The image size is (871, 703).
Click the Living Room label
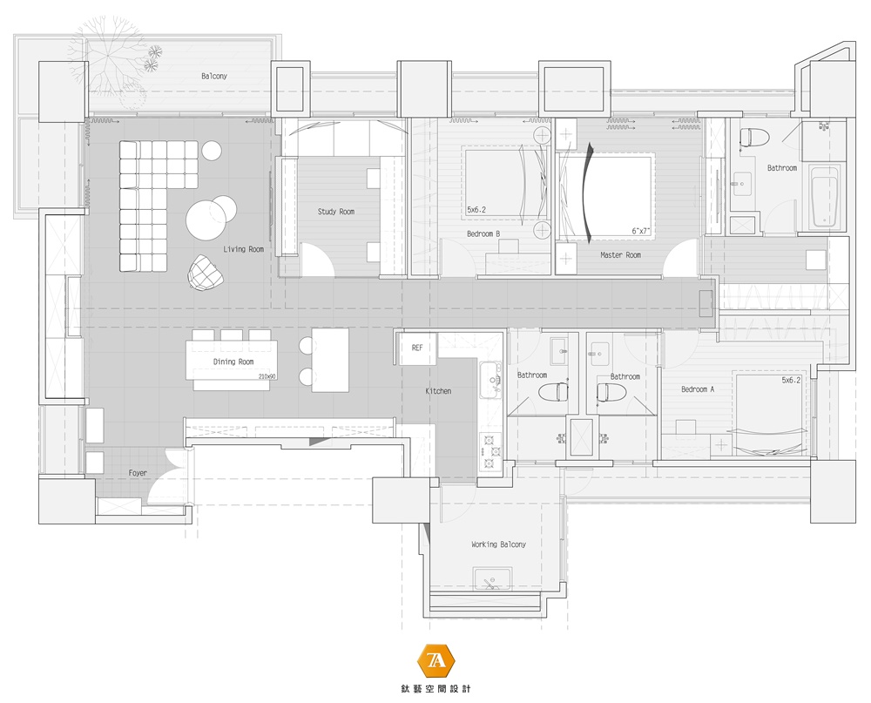pyautogui.click(x=243, y=249)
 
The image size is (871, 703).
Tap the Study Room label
pyautogui.click(x=336, y=212)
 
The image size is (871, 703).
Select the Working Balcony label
pyautogui.click(x=498, y=544)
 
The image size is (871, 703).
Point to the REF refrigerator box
pyautogui.click(x=417, y=348)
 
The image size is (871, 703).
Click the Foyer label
pyautogui.click(x=138, y=474)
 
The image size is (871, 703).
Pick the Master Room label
pyautogui.click(x=620, y=255)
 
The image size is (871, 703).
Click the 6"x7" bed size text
pyautogui.click(x=640, y=231)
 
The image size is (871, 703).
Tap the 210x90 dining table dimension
pyautogui.click(x=267, y=377)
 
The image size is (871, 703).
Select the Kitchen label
pyautogui.click(x=438, y=391)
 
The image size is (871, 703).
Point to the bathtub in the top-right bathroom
pyautogui.click(x=824, y=196)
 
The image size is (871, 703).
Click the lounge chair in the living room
pyautogui.click(x=205, y=273)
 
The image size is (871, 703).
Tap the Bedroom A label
pyautogui.click(x=698, y=389)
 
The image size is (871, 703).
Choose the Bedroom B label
pyautogui.click(x=483, y=234)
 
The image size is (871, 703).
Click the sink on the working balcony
pyautogui.click(x=493, y=579)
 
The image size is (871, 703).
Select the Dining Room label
pyautogui.click(x=233, y=362)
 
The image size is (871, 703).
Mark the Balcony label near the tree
pyautogui.click(x=214, y=76)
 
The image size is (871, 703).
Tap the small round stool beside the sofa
pyautogui.click(x=212, y=151)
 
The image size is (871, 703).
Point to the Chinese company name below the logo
pyautogui.click(x=435, y=688)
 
